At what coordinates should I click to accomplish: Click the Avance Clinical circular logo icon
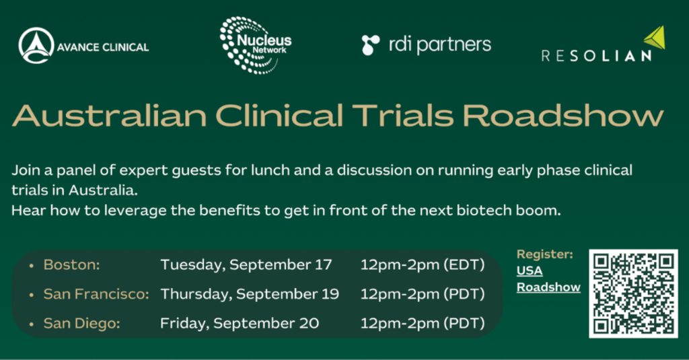click(x=36, y=46)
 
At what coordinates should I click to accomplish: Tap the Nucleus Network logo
click(x=255, y=45)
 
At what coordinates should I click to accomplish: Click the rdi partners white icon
click(x=371, y=45)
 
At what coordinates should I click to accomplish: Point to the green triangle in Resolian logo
click(x=655, y=38)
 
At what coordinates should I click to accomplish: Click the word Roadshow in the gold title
click(x=563, y=116)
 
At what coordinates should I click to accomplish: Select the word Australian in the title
click(x=110, y=116)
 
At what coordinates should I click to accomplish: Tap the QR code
click(x=633, y=293)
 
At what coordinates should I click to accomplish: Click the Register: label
click(x=544, y=254)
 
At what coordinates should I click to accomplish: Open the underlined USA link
click(x=530, y=271)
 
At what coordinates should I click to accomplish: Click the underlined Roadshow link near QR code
click(x=548, y=287)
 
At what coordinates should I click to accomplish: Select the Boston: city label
click(x=71, y=264)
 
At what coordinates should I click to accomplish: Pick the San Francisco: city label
click(x=96, y=294)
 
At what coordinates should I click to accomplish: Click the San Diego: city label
click(x=81, y=324)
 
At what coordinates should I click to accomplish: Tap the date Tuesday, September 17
click(x=246, y=264)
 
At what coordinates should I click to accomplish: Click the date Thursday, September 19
click(x=250, y=294)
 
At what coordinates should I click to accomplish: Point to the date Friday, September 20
click(x=240, y=324)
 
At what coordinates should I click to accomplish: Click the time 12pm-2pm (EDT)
click(x=423, y=264)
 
